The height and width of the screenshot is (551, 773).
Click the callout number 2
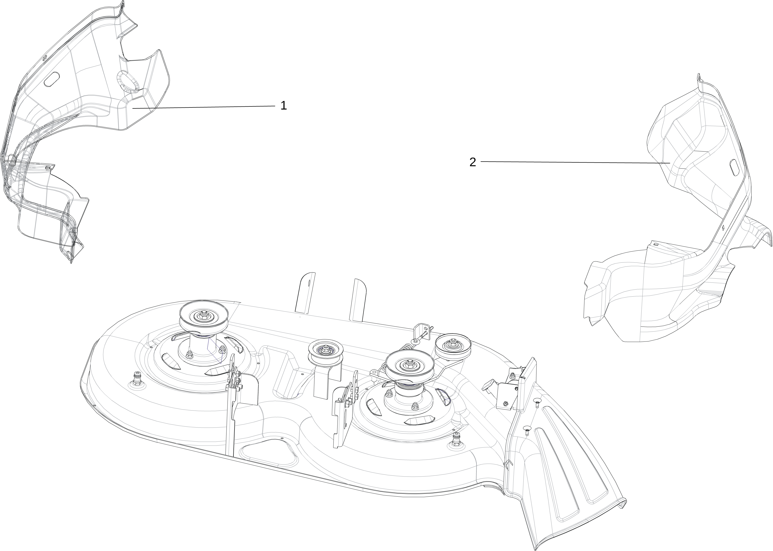[473, 162]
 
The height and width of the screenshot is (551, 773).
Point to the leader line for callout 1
[204, 107]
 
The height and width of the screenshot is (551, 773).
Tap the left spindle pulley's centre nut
[204, 314]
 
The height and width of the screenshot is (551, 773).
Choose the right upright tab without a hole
[358, 300]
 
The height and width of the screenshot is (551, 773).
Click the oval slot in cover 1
[52, 78]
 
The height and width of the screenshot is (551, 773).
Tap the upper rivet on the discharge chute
[537, 403]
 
